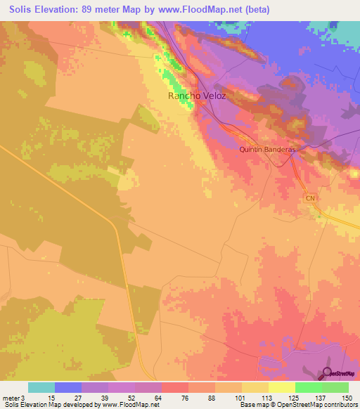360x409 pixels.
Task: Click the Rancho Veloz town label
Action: [197, 96]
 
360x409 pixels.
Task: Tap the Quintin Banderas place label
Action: [266, 150]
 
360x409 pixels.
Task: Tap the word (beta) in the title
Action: [255, 9]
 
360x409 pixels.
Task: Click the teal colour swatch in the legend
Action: [41, 387]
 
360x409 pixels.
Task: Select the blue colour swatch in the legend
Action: [68, 387]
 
